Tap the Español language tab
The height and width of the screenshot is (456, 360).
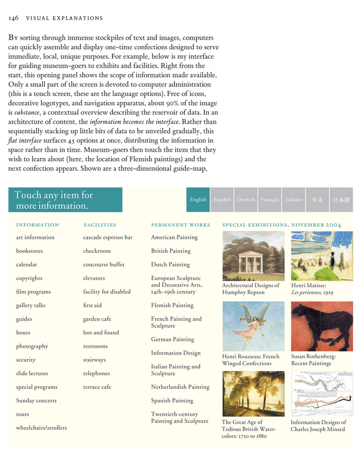[x=222, y=199]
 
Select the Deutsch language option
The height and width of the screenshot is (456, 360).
[x=246, y=199]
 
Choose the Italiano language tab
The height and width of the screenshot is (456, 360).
[x=294, y=199]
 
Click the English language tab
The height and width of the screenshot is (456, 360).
[x=198, y=199]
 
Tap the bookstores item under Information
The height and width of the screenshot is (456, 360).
[x=29, y=251]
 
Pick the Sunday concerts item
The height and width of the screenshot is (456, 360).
[x=36, y=400]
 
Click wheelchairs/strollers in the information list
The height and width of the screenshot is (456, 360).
[x=41, y=428]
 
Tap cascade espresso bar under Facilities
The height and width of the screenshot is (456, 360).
[x=108, y=237]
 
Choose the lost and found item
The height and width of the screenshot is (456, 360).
[x=101, y=332]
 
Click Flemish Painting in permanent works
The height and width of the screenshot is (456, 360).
[x=172, y=305]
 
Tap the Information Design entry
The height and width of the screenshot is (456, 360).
[x=176, y=353]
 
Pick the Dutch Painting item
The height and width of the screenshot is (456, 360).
[x=170, y=264]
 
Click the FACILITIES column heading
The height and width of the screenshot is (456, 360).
[x=100, y=225]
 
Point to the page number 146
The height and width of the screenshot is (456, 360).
[x=13, y=18]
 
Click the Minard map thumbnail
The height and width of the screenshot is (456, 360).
[x=322, y=394]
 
